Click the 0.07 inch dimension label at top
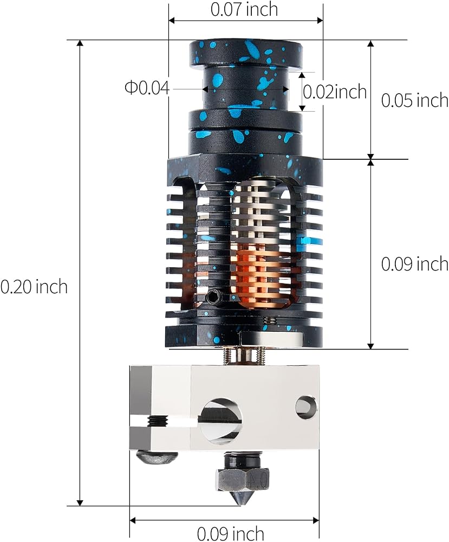point(244,9)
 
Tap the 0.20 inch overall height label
point(34,287)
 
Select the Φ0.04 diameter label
point(147,88)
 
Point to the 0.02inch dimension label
point(334,92)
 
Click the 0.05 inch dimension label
point(414,100)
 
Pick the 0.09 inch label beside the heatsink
point(414,264)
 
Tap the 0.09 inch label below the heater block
point(230,533)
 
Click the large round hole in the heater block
point(221,421)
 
